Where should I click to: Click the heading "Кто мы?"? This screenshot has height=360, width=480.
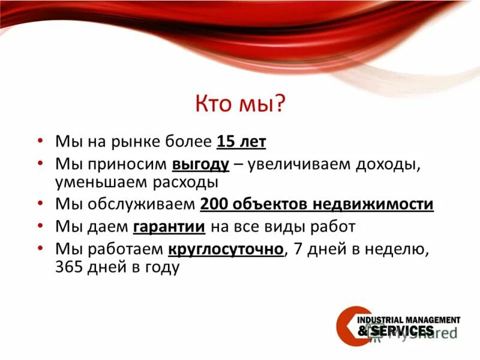pyautogui.click(x=239, y=104)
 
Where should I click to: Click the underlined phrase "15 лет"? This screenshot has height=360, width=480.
pyautogui.click(x=241, y=142)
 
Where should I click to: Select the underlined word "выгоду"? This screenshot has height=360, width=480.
pyautogui.click(x=201, y=164)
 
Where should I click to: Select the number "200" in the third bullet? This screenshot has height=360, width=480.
pyautogui.click(x=213, y=204)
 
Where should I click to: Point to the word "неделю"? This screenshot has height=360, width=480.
pyautogui.click(x=399, y=248)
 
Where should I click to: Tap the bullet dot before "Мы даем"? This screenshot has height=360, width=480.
pyautogui.click(x=40, y=227)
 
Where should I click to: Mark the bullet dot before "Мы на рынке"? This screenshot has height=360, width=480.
pyautogui.click(x=40, y=142)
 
